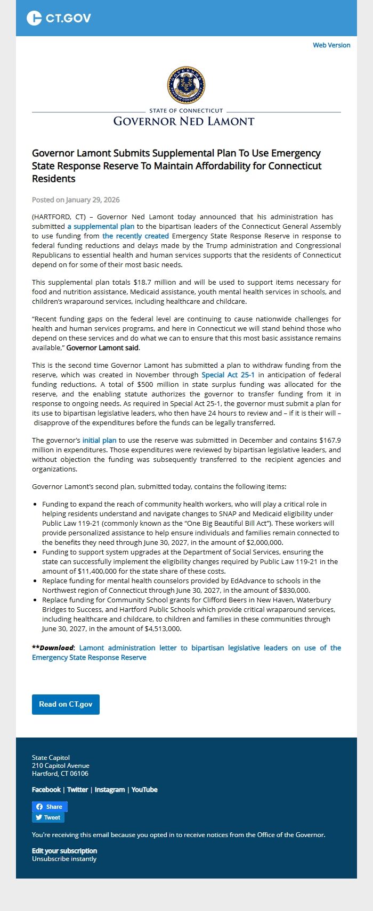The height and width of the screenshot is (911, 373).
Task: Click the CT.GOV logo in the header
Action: click(x=59, y=18)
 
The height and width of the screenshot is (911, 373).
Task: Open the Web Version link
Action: click(x=331, y=45)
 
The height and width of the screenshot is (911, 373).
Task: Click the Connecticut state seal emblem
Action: click(x=186, y=85)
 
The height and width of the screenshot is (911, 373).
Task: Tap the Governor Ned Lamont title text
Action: click(x=184, y=121)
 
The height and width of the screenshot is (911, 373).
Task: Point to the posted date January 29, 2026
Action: click(x=93, y=200)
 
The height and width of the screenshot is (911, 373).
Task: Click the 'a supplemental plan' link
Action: click(x=101, y=227)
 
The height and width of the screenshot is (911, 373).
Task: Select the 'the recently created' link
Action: click(x=135, y=236)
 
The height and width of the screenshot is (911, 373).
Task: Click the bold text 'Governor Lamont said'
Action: click(x=102, y=348)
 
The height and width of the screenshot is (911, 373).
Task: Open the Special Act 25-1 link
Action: click(x=228, y=375)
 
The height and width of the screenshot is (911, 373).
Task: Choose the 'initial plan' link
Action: click(x=99, y=441)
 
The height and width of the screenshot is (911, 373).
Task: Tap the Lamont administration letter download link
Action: click(x=186, y=653)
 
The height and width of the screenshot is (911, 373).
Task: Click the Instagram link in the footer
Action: click(x=109, y=790)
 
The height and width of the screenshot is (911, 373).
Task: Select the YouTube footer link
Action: click(x=144, y=790)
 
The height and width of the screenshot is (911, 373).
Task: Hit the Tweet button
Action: click(x=48, y=818)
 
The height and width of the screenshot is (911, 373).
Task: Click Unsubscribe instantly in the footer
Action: click(x=64, y=859)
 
